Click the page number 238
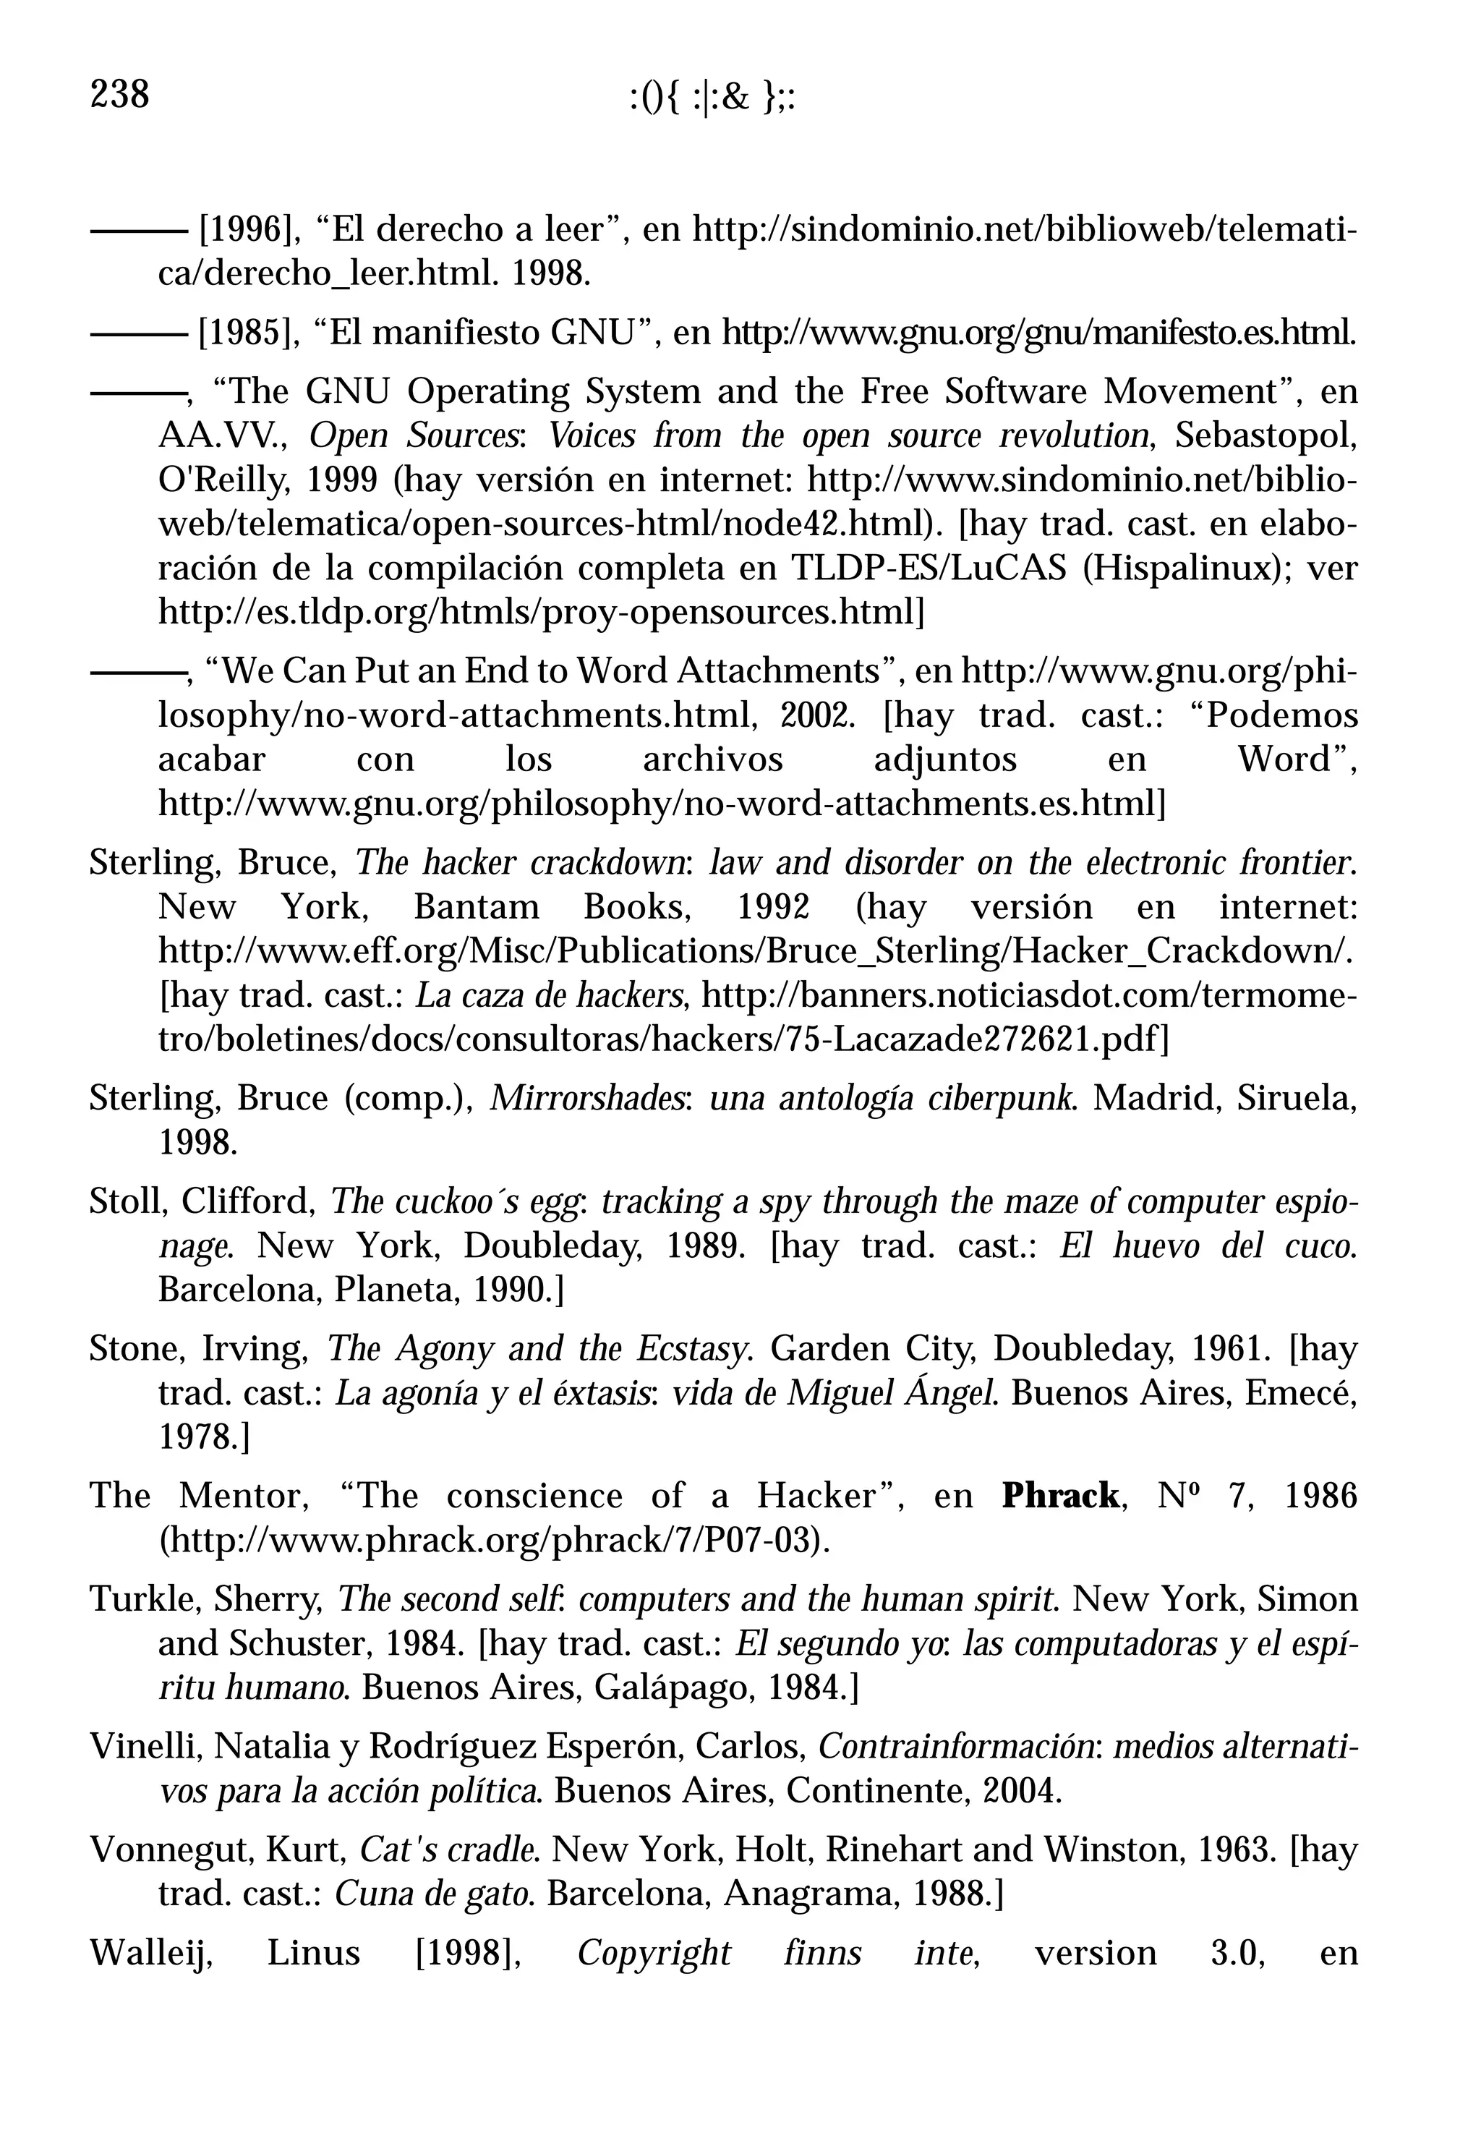[120, 95]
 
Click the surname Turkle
[143, 1599]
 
